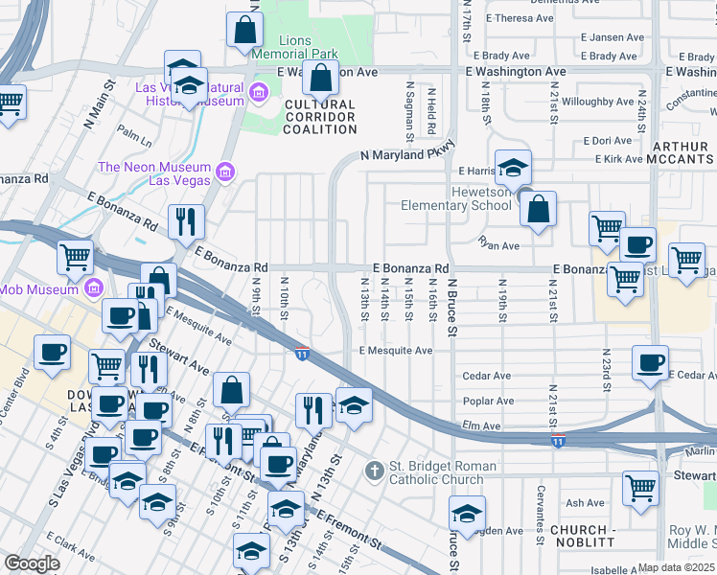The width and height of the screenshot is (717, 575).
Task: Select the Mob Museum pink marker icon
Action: [94, 287]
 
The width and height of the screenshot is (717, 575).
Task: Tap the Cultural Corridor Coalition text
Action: [318, 117]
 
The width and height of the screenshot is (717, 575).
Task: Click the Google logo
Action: [32, 563]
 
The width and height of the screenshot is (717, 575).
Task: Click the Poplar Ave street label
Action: [488, 402]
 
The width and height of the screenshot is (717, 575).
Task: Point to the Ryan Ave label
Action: [497, 245]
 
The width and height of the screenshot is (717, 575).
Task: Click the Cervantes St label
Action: [541, 501]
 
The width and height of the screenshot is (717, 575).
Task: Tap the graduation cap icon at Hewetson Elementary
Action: [513, 168]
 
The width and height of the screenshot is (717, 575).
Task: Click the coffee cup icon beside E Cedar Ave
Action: [651, 363]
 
